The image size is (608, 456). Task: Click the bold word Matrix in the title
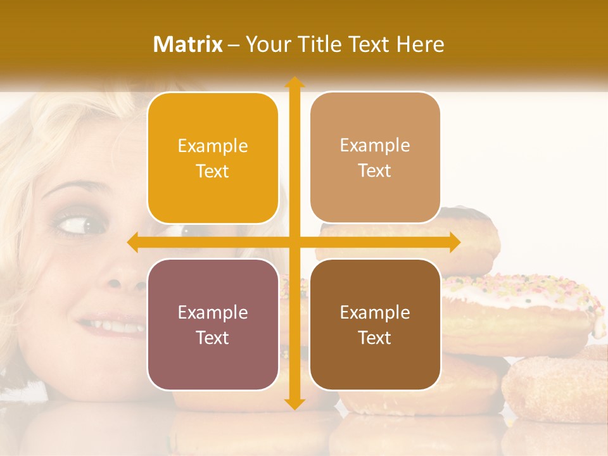(x=188, y=44)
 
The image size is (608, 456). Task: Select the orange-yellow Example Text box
(x=213, y=158)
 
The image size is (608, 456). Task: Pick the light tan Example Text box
(x=375, y=158)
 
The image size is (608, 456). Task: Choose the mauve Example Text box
(x=213, y=324)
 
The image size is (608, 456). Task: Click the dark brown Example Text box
(x=375, y=324)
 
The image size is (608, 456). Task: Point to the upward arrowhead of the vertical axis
(x=294, y=82)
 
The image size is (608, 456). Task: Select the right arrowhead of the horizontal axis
(x=454, y=243)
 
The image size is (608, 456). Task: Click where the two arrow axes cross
(x=294, y=243)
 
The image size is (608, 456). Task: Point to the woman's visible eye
(x=81, y=224)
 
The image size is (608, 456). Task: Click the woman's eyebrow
(x=73, y=188)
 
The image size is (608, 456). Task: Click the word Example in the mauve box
(x=213, y=312)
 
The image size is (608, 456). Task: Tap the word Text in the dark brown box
(x=375, y=338)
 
